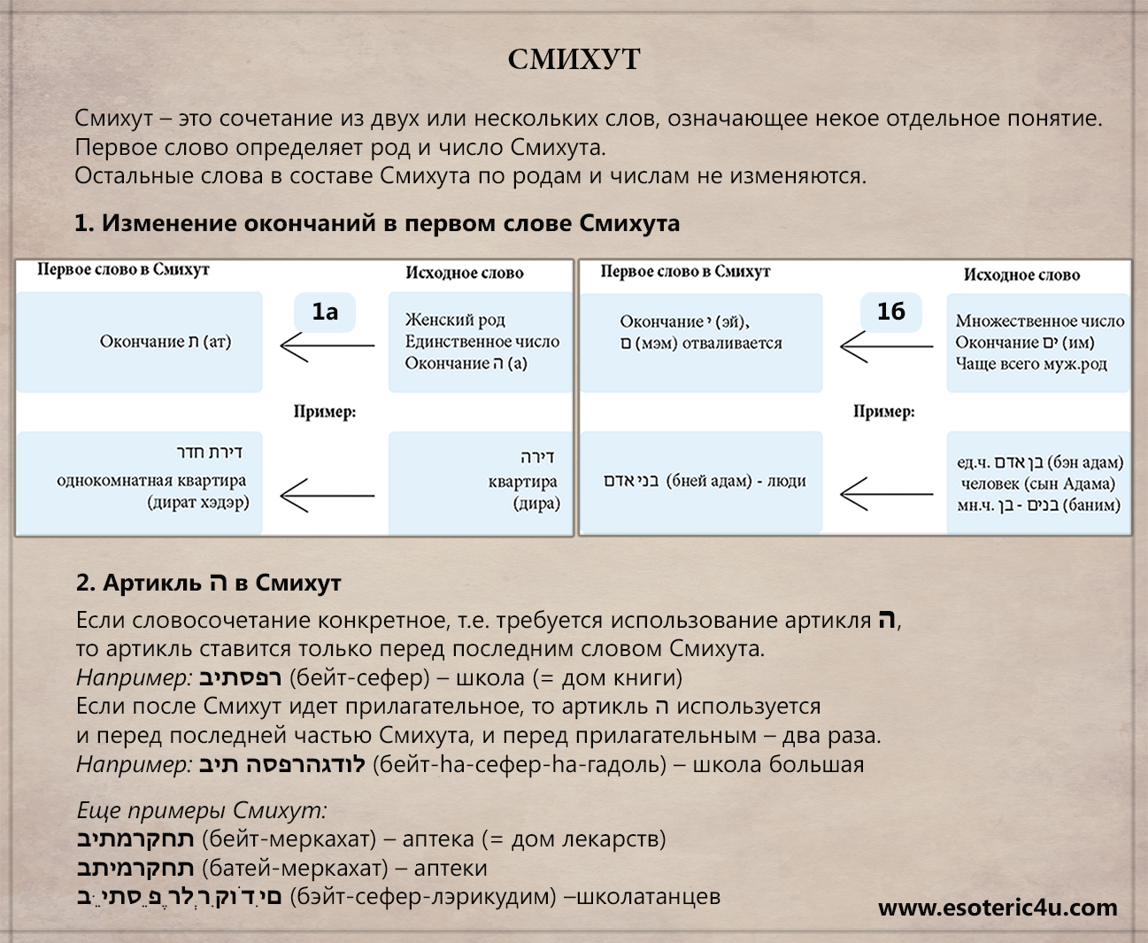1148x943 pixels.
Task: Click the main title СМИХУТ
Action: (574, 59)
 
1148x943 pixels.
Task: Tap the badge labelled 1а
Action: (325, 312)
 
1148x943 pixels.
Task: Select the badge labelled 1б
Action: (890, 312)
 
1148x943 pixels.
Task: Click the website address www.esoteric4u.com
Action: (998, 908)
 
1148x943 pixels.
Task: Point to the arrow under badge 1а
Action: (327, 345)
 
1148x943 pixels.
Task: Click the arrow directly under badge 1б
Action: (886, 346)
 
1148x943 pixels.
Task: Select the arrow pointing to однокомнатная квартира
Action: (327, 495)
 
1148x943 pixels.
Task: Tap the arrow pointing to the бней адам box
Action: (886, 494)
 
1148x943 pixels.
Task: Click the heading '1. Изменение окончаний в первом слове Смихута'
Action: (377, 223)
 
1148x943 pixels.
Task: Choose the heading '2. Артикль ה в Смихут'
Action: (208, 583)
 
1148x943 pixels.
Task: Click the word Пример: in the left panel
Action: (325, 412)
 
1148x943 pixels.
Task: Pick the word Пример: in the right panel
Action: (883, 412)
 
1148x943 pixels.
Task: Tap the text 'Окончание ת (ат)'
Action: (166, 342)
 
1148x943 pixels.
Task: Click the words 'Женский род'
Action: (455, 320)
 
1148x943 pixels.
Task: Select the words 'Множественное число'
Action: (1039, 321)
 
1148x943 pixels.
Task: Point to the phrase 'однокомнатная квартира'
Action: (151, 481)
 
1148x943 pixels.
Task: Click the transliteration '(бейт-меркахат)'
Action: (289, 839)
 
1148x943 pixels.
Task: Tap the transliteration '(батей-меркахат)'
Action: (295, 868)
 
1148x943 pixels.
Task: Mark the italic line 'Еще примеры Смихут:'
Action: (202, 809)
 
